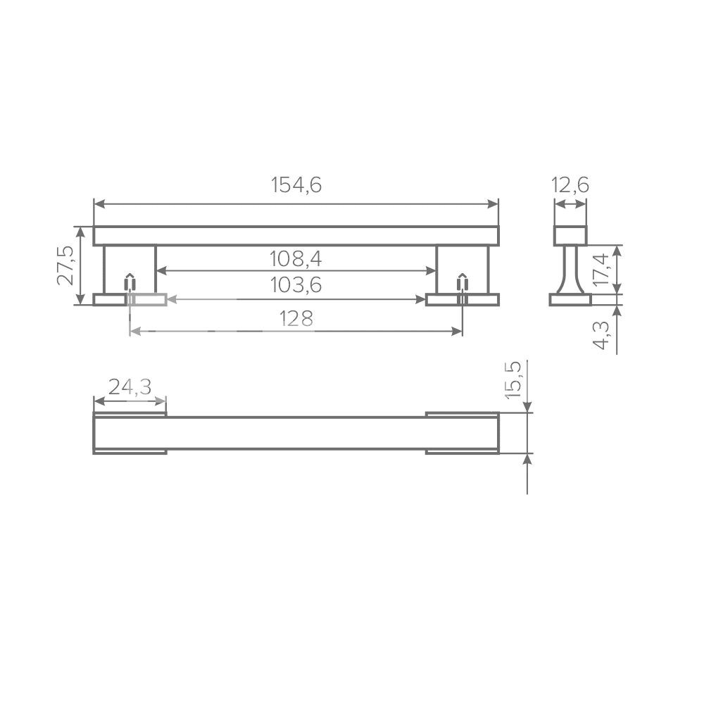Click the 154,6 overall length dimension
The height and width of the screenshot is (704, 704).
pyautogui.click(x=296, y=185)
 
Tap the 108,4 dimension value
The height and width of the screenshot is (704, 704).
pyautogui.click(x=296, y=258)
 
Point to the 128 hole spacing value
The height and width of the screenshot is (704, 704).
pyautogui.click(x=296, y=318)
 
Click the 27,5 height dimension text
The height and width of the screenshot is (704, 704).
pyautogui.click(x=65, y=265)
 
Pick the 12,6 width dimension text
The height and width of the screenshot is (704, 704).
pyautogui.click(x=570, y=185)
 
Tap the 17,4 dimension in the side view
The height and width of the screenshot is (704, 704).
pyautogui.click(x=601, y=269)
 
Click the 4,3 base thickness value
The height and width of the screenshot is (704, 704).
pyautogui.click(x=601, y=335)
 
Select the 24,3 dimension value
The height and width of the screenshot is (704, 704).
pyautogui.click(x=130, y=386)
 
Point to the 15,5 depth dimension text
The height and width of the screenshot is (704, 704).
pyautogui.click(x=513, y=379)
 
